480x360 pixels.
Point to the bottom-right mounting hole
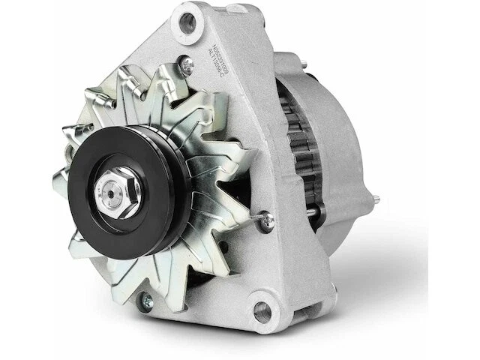pyautogui.click(x=262, y=310)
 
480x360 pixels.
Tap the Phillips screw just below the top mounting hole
pyautogui.click(x=187, y=65)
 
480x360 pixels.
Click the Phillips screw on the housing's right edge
pyautogui.click(x=267, y=220)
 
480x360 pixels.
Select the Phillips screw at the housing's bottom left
pyautogui.click(x=146, y=302)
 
